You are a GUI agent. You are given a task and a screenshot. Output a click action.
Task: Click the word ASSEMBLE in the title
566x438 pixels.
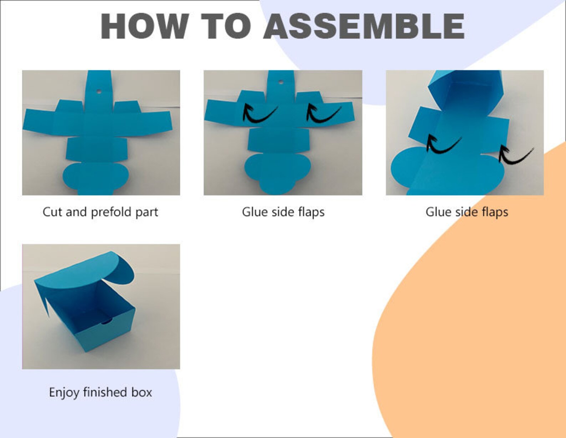point(364,26)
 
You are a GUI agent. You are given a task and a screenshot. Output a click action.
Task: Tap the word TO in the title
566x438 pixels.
point(226,26)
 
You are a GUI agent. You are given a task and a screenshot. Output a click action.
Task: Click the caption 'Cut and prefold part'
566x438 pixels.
point(100,212)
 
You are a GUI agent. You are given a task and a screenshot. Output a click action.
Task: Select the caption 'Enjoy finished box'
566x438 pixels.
point(100,392)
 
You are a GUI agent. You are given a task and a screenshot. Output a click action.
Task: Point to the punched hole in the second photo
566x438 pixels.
point(281,82)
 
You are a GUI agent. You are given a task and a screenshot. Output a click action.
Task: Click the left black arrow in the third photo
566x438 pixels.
point(442,144)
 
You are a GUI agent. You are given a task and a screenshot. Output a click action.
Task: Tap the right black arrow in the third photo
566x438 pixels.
point(515,155)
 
